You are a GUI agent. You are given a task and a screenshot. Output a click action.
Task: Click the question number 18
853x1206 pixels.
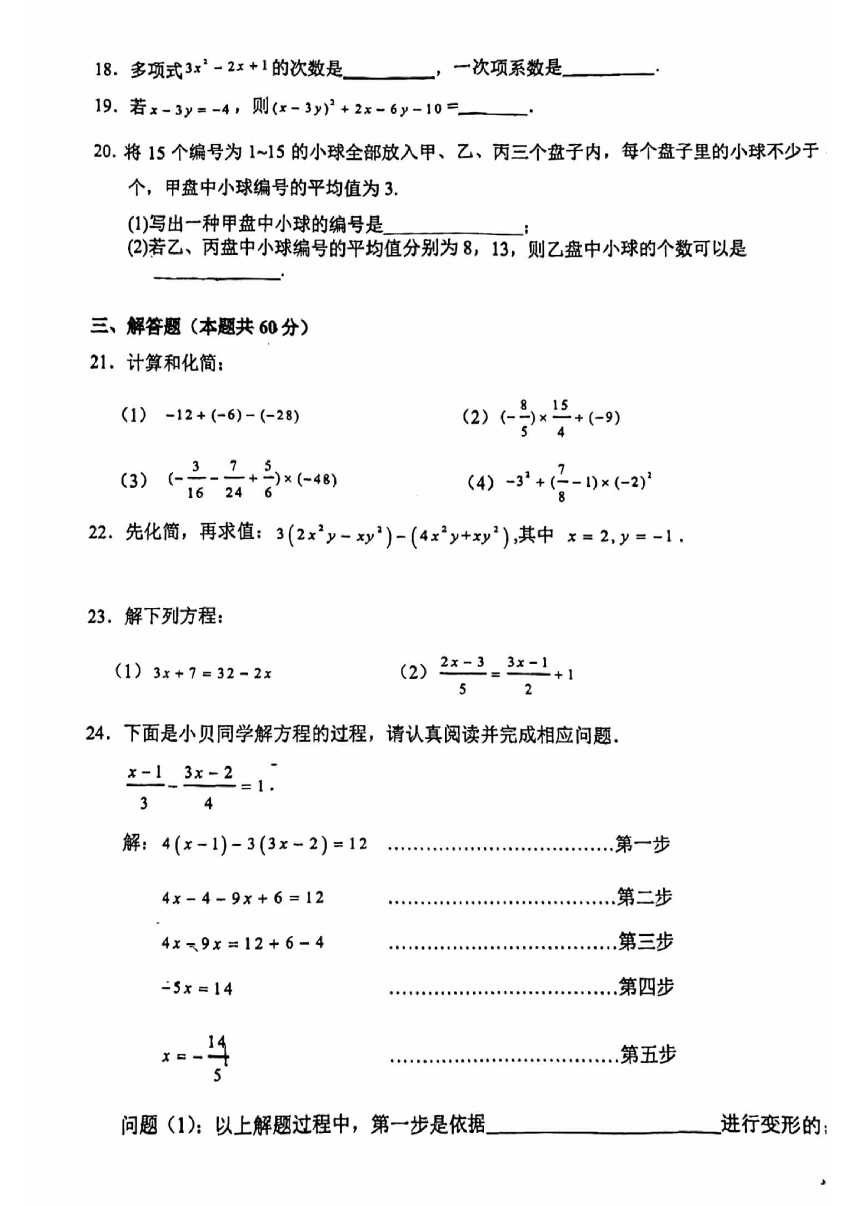pyautogui.click(x=105, y=69)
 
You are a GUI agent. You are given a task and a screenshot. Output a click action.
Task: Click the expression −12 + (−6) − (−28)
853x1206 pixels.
pyautogui.click(x=232, y=416)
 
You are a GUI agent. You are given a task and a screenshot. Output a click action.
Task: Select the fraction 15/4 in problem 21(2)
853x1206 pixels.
pyautogui.click(x=560, y=419)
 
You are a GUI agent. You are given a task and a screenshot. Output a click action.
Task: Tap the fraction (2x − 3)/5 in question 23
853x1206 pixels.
pyautogui.click(x=462, y=674)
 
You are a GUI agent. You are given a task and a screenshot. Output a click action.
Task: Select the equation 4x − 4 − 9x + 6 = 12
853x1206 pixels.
pyautogui.click(x=243, y=898)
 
